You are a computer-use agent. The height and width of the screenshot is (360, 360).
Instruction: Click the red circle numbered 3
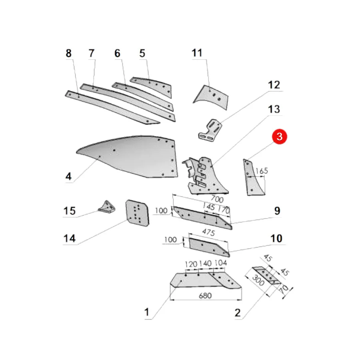280,137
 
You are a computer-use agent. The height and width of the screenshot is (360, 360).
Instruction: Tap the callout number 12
274,85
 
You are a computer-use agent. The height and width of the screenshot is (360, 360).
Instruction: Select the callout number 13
274,109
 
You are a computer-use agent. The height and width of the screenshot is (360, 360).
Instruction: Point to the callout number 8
68,53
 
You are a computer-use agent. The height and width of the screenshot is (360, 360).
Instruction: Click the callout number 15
69,211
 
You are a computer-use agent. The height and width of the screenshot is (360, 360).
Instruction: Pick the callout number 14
69,238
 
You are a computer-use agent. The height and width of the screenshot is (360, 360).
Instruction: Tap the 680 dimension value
205,296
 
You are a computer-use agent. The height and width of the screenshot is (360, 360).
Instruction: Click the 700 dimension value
217,198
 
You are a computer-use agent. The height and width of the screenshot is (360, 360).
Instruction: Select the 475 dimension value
208,232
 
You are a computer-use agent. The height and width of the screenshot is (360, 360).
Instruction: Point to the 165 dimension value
262,171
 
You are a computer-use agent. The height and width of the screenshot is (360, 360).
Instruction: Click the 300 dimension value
258,280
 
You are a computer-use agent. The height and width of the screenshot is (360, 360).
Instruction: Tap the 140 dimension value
206,263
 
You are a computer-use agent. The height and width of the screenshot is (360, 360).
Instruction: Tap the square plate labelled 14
137,213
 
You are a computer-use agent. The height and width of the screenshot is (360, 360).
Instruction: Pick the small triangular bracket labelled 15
107,207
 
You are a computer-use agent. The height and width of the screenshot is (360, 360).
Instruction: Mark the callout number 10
276,238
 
